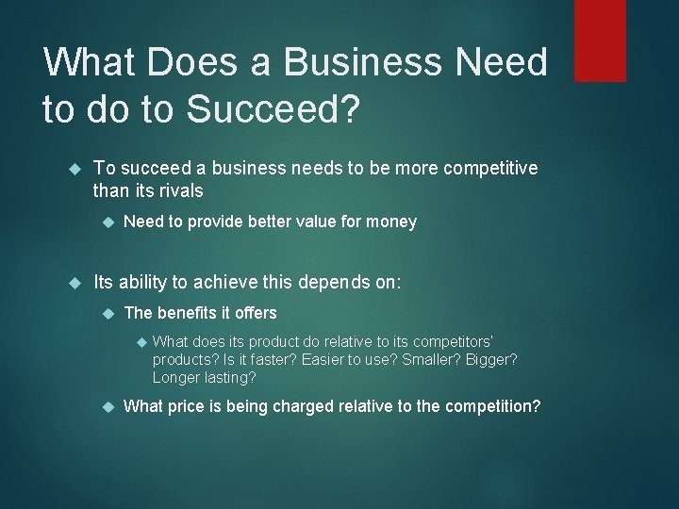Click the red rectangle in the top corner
[600, 40]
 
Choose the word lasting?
[227, 378]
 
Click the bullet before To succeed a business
[76, 169]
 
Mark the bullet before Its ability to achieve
[76, 281]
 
